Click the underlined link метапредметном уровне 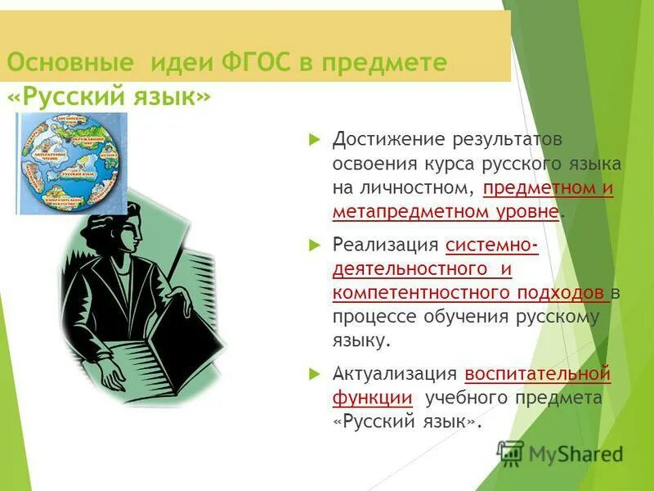click(446, 211)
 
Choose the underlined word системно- click(492, 245)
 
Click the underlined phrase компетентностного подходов click(469, 292)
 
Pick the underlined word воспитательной click(537, 374)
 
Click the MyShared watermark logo click(559, 453)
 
